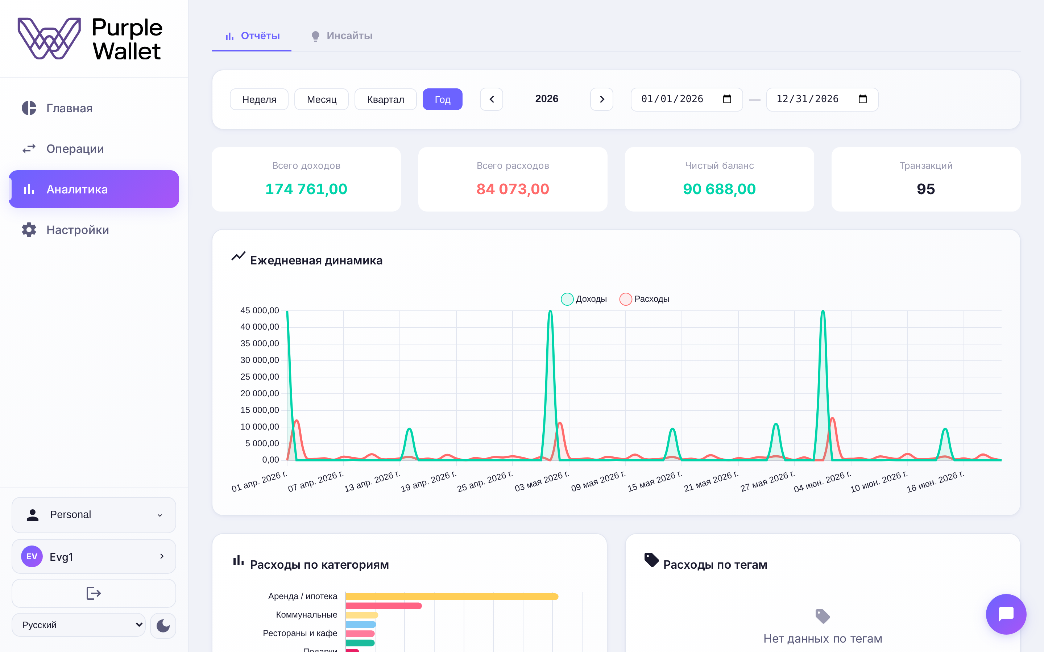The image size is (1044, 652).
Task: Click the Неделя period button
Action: click(x=259, y=99)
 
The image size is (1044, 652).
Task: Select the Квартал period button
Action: click(x=385, y=99)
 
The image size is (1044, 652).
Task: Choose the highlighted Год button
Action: click(x=442, y=99)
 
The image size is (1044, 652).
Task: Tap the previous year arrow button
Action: click(x=492, y=99)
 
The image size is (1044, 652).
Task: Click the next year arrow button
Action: click(x=601, y=99)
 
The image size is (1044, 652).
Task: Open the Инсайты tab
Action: click(x=341, y=36)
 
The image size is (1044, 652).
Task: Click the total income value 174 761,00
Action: click(x=306, y=189)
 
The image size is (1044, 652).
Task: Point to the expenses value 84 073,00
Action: click(x=513, y=189)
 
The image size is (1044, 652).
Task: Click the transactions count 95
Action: click(x=926, y=189)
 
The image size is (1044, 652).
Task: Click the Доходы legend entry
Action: click(x=584, y=299)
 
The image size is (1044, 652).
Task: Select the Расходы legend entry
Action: click(x=644, y=299)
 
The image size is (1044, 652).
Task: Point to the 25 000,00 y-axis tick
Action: click(x=260, y=376)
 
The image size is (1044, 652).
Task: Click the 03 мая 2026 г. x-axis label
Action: click(x=542, y=481)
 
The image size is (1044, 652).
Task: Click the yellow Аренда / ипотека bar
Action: click(x=452, y=596)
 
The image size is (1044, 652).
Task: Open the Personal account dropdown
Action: click(x=94, y=515)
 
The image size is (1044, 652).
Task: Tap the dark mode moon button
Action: click(x=163, y=625)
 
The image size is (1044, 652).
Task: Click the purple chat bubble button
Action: click(x=1006, y=614)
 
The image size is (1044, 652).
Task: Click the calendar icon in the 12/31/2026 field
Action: click(x=862, y=99)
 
